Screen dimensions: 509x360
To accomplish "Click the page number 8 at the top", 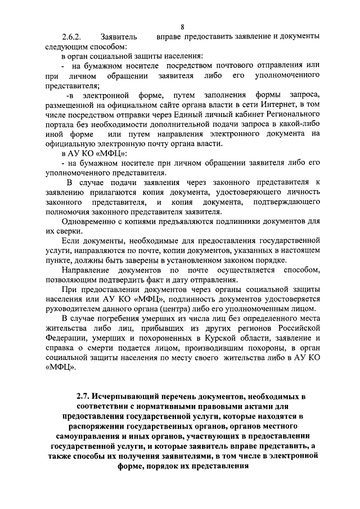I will click(x=183, y=26).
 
